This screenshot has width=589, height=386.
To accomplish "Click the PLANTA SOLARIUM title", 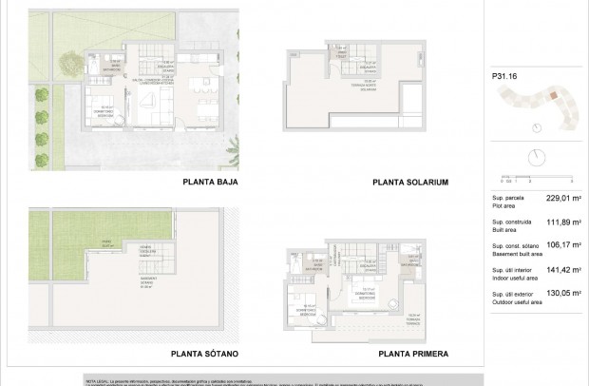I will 410,183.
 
